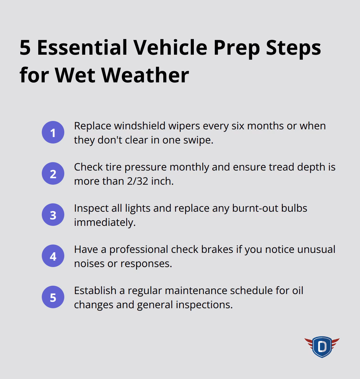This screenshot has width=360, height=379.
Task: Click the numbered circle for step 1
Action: tap(53, 132)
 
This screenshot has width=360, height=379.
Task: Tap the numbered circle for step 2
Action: tap(53, 173)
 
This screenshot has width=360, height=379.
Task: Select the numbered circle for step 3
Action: tap(53, 215)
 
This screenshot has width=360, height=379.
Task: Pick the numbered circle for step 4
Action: tap(53, 256)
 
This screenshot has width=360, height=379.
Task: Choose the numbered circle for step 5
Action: tap(53, 297)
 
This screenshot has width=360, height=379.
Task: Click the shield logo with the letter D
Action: tap(322, 347)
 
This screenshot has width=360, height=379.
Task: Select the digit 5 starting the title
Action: tap(25, 47)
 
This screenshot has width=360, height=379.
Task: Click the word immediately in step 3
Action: tap(105, 223)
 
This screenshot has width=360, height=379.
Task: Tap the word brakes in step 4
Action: tap(217, 249)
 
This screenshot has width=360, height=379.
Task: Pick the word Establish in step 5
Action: tap(95, 291)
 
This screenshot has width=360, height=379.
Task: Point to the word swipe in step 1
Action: tap(198, 140)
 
